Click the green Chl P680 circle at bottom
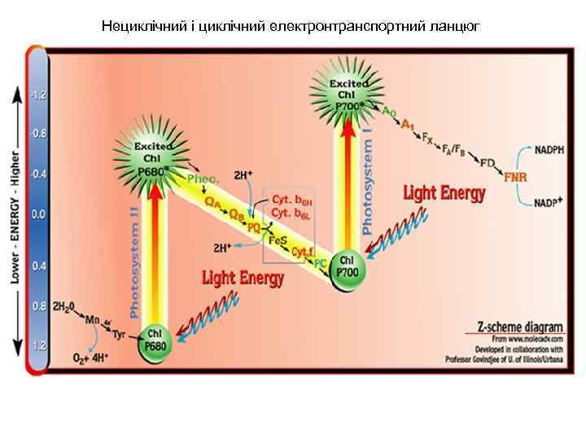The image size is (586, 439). click(x=157, y=340)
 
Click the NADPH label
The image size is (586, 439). click(x=552, y=150)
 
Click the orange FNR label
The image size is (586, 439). click(x=515, y=177)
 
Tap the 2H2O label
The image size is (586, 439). click(x=64, y=308)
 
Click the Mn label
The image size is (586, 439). click(x=93, y=319)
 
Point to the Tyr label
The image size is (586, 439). click(x=120, y=334)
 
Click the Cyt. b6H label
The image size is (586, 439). click(x=291, y=199)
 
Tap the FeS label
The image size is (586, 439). click(x=280, y=241)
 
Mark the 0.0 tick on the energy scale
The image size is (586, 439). click(x=37, y=215)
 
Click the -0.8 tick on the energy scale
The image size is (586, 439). click(x=37, y=132)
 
